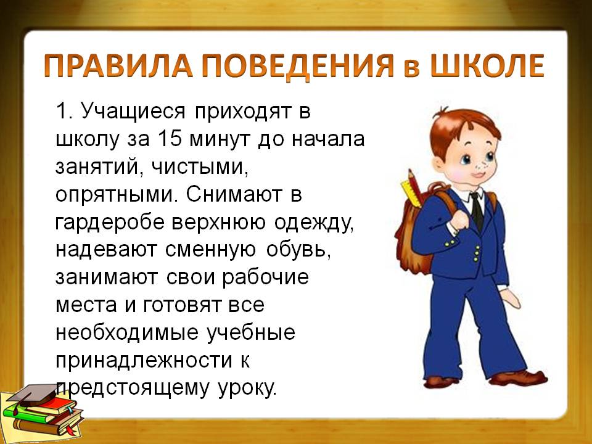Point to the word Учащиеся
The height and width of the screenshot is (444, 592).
click(x=133, y=112)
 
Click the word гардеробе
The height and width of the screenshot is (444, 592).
click(x=110, y=223)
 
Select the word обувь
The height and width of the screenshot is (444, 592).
click(x=298, y=250)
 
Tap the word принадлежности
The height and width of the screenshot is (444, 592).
click(x=144, y=361)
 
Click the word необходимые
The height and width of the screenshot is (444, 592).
click(x=126, y=332)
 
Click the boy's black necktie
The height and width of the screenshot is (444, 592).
click(x=477, y=212)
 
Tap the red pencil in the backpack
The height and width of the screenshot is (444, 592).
click(x=415, y=187)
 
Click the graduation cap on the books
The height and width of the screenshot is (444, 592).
click(x=32, y=395)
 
